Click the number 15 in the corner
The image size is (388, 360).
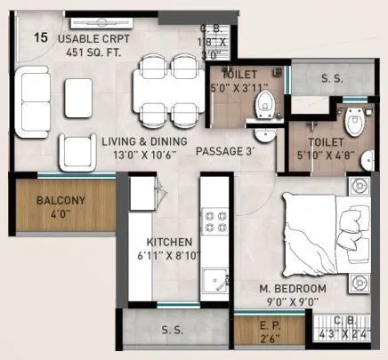41,37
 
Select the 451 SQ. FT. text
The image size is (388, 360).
91,52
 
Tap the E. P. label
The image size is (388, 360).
266,325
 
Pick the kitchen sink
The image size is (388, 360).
214,282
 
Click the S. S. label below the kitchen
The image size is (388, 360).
173,330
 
